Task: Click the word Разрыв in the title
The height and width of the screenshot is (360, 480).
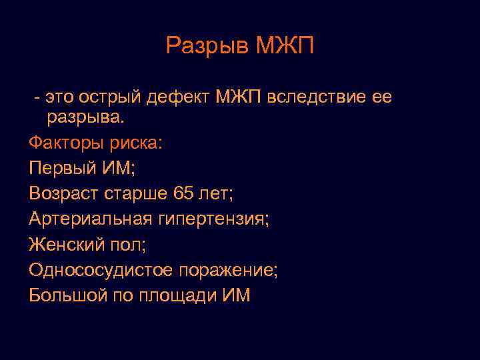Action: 206,46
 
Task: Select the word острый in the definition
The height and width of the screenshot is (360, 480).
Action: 109,98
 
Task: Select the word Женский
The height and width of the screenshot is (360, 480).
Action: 65,245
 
